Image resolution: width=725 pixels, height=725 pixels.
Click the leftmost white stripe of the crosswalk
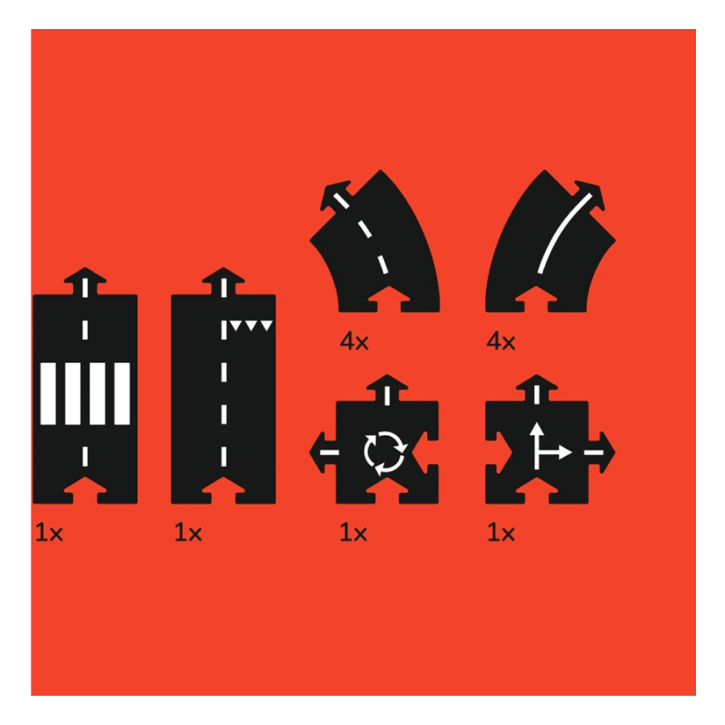coord(48,393)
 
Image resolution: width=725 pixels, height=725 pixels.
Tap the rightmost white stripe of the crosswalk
coord(122,393)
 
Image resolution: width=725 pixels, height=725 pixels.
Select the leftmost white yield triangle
coord(235,325)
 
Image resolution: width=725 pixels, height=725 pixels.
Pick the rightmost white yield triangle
coord(267,325)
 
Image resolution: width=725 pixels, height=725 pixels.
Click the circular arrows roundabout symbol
coord(385,453)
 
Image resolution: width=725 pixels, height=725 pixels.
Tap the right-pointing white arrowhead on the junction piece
coord(565,452)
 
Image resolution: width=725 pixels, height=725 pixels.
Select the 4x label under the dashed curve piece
coord(354,342)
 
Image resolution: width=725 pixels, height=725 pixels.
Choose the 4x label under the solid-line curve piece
coord(501,342)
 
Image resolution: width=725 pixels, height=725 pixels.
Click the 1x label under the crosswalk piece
coord(49,532)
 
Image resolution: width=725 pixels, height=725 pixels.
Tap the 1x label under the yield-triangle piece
coord(188,532)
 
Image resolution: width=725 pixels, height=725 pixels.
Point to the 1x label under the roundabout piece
coord(354,532)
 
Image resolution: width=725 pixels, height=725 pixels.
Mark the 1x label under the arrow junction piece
coord(501,532)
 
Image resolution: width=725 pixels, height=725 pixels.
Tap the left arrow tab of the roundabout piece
coord(323,452)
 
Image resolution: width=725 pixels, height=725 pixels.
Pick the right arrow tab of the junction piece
coord(602,452)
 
